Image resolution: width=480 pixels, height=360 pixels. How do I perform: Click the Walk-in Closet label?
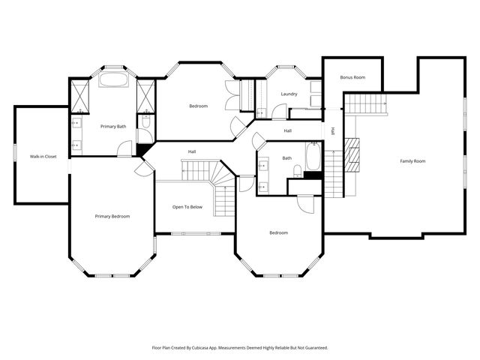[43, 156]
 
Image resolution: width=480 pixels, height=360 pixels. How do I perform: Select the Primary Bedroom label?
[112, 216]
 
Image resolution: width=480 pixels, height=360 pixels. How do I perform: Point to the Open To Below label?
[187, 206]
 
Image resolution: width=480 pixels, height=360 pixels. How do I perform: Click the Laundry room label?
[289, 94]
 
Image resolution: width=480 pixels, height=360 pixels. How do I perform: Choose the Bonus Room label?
[352, 77]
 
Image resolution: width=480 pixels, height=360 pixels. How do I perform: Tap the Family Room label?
[412, 161]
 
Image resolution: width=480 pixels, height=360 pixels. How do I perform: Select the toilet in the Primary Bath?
[145, 121]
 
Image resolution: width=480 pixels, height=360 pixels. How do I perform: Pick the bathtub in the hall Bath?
[313, 158]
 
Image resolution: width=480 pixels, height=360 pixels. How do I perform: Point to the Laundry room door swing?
[278, 112]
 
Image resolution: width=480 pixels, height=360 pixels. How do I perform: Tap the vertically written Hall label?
[333, 131]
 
